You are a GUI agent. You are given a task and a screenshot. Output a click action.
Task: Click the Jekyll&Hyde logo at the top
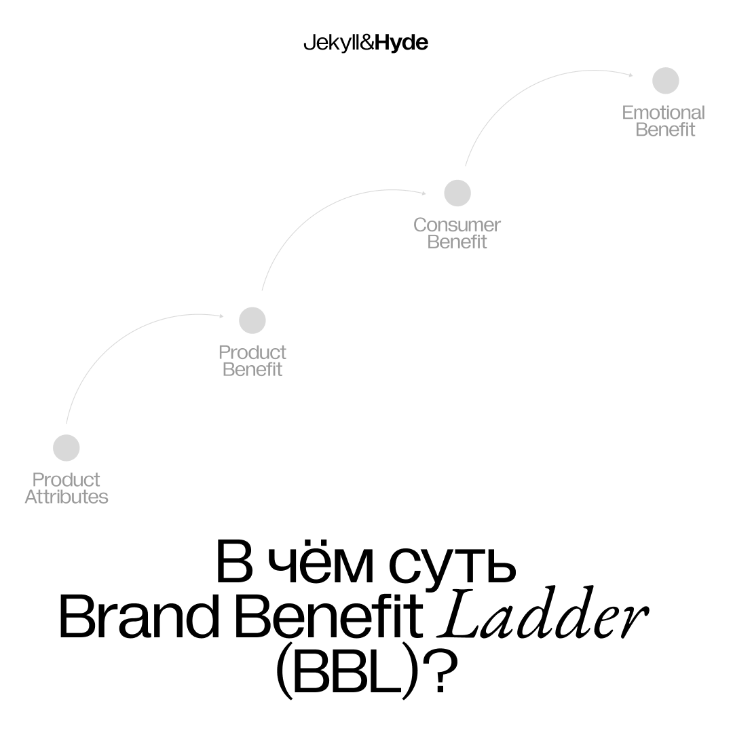[x=365, y=43]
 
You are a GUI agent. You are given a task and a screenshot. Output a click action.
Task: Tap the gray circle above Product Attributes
[x=67, y=448]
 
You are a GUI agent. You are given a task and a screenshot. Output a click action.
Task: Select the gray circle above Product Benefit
[x=252, y=320]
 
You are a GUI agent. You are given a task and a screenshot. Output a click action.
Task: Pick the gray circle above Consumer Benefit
[x=457, y=193]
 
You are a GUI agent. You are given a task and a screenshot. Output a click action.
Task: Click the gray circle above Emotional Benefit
[x=666, y=81]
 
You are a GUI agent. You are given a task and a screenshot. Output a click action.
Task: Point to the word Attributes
[x=67, y=497]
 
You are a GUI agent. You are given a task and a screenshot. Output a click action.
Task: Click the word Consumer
[x=457, y=225]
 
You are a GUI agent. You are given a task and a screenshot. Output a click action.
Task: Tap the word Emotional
[x=663, y=113]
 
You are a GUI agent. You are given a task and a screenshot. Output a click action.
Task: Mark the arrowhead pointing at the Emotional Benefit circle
[x=631, y=75]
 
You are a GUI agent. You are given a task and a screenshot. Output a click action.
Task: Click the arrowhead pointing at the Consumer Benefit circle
[x=424, y=193]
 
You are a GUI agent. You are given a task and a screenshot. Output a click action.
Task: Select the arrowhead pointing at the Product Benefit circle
[x=221, y=316]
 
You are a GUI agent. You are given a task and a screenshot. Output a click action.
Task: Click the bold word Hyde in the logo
[x=402, y=43]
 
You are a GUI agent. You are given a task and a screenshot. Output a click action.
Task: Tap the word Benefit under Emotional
[x=665, y=130]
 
